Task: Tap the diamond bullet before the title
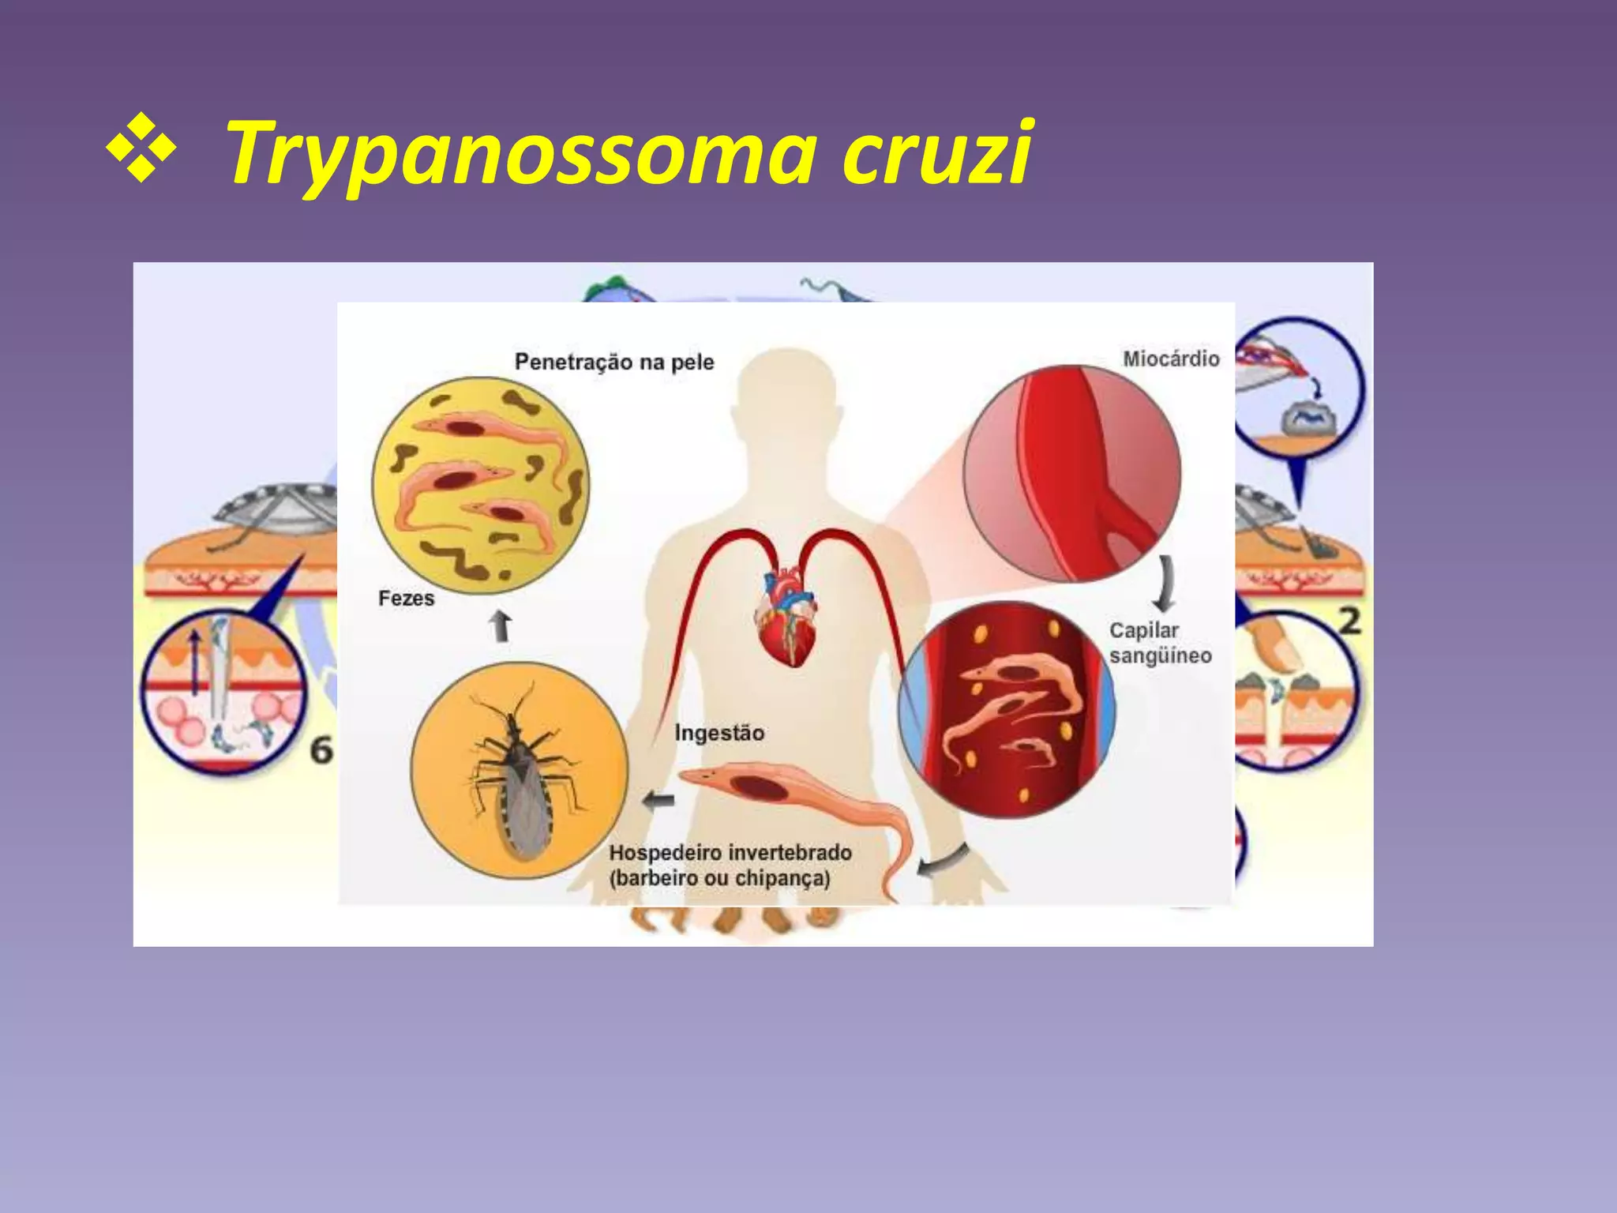141,148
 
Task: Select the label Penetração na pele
614,362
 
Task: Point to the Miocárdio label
1171,359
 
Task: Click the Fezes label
406,599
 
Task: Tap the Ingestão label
719,733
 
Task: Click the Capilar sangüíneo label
1159,643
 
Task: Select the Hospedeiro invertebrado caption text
730,866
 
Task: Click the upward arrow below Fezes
501,625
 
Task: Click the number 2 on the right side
1350,622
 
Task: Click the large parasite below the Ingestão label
790,798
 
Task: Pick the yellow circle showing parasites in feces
480,484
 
